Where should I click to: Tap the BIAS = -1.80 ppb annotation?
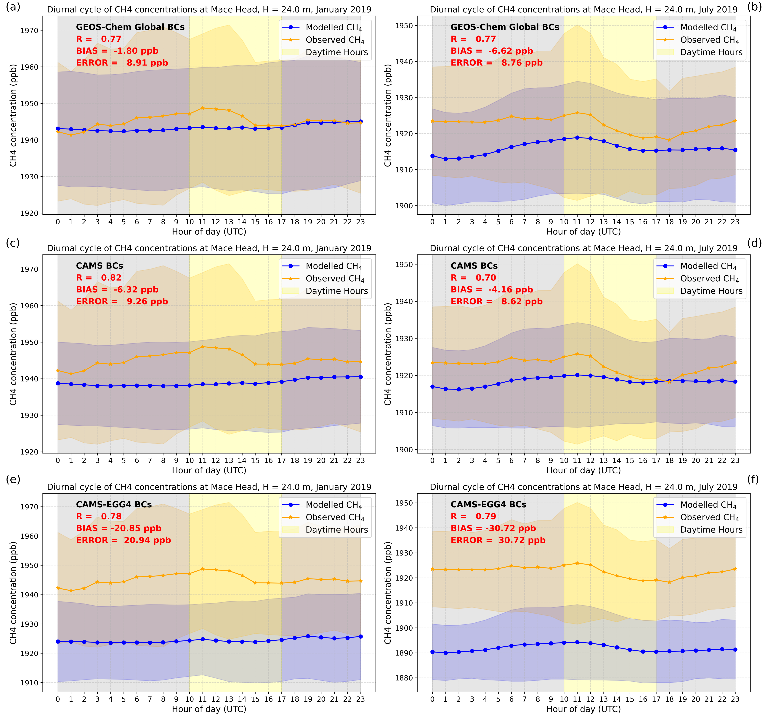point(117,51)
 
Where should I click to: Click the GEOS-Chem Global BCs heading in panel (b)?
point(505,27)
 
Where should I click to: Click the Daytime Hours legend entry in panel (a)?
point(336,52)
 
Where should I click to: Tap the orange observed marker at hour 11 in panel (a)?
point(202,108)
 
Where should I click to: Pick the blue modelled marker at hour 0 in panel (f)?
point(432,652)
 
